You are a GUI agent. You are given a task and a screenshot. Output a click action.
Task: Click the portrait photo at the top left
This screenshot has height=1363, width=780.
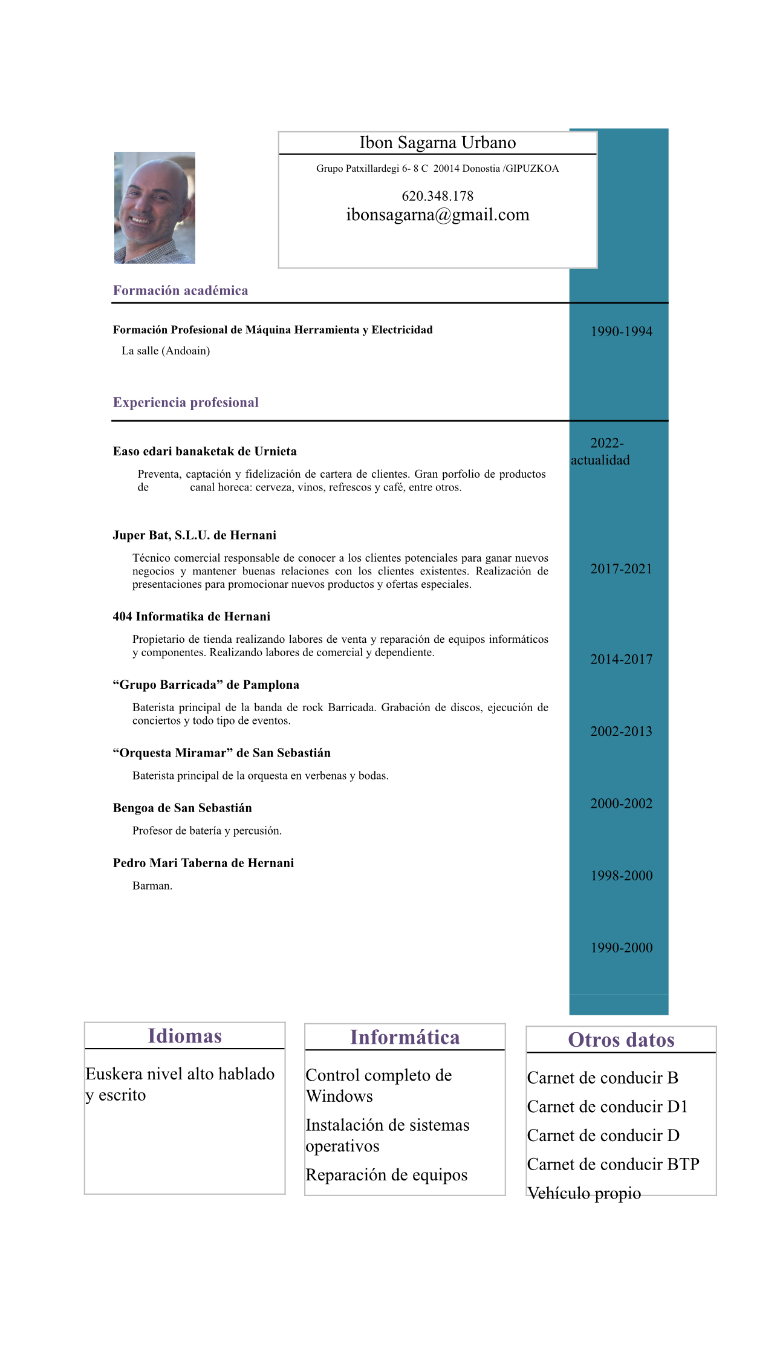pyautogui.click(x=155, y=207)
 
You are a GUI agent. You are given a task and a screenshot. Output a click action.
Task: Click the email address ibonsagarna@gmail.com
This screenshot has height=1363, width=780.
pyautogui.click(x=437, y=215)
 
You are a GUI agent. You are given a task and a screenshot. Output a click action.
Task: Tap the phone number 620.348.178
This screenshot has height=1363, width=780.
pyautogui.click(x=437, y=196)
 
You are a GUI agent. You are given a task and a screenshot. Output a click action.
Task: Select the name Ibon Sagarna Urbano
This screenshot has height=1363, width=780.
pyautogui.click(x=437, y=143)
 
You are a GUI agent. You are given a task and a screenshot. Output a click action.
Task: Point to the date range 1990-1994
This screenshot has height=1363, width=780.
pyautogui.click(x=621, y=331)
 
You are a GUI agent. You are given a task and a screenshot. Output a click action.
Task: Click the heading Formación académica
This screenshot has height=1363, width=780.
pyautogui.click(x=180, y=290)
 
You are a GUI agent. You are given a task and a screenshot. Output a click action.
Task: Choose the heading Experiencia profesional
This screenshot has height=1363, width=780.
pyautogui.click(x=186, y=403)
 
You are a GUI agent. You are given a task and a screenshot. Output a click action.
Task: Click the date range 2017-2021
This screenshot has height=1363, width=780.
pyautogui.click(x=621, y=569)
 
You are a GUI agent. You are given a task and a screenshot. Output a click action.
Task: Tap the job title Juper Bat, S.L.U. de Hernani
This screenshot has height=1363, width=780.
pyautogui.click(x=194, y=535)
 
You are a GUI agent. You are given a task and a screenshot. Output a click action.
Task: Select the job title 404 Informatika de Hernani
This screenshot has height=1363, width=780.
pyautogui.click(x=191, y=617)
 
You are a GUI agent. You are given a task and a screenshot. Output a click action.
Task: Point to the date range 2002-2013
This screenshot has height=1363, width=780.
pyautogui.click(x=621, y=732)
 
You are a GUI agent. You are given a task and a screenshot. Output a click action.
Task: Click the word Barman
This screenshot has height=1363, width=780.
pyautogui.click(x=152, y=886)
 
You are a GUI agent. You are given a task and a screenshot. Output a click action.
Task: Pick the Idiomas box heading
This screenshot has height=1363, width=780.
pyautogui.click(x=184, y=1036)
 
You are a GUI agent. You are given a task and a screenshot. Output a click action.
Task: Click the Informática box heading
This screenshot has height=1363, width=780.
pyautogui.click(x=405, y=1037)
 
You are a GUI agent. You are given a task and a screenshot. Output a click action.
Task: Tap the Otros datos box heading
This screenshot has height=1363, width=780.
pyautogui.click(x=621, y=1039)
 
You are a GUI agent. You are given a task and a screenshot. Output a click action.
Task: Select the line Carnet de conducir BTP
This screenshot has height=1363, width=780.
pyautogui.click(x=613, y=1164)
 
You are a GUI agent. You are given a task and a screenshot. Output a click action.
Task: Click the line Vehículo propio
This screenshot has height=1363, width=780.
pyautogui.click(x=583, y=1193)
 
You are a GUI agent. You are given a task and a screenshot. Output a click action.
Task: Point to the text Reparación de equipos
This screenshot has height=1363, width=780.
pyautogui.click(x=386, y=1175)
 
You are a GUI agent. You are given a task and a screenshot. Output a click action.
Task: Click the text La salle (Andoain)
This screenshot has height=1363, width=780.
pyautogui.click(x=166, y=351)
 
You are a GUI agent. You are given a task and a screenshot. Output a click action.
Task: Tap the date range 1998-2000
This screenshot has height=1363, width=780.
pyautogui.click(x=621, y=876)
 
